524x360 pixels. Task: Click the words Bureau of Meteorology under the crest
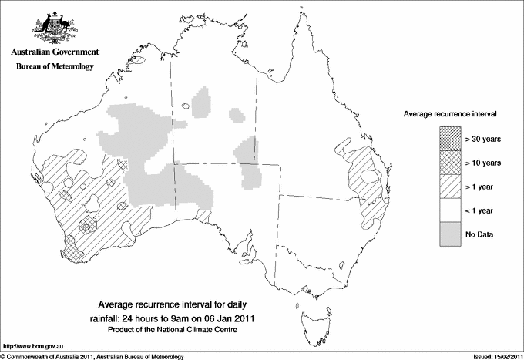tap(54, 67)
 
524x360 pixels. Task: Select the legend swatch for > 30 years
tap(448, 139)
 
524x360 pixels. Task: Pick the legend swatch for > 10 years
tap(448, 163)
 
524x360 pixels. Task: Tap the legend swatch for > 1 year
tap(448, 187)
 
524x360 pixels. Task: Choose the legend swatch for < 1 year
tap(448, 210)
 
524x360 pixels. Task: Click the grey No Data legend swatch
tap(448, 234)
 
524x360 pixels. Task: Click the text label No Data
tap(479, 234)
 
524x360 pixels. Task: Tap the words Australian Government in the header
tap(54, 52)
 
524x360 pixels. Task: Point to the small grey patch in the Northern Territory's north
tap(202, 100)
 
